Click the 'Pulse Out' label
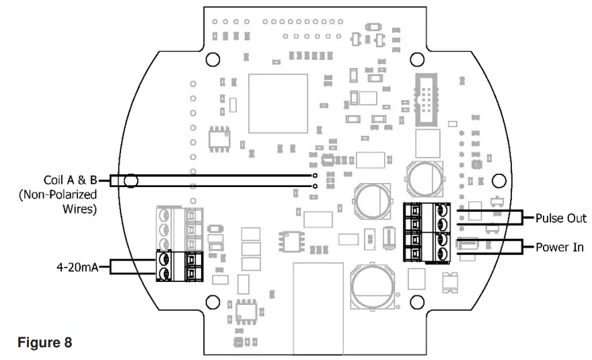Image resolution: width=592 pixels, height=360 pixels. click(561, 219)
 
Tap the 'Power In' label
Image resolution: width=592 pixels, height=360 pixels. click(560, 247)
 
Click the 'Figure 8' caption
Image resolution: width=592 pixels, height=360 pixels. click(44, 342)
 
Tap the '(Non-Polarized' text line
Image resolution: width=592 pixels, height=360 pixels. click(58, 194)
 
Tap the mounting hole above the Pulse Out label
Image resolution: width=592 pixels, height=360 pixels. click(498, 181)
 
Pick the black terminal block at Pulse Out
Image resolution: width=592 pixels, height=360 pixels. click(427, 217)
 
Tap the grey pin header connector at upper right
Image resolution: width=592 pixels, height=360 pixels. click(427, 101)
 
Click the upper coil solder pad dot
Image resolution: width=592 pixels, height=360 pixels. click(315, 176)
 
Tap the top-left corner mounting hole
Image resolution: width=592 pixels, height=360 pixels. click(214, 59)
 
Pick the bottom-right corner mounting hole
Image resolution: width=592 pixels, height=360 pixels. click(417, 301)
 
